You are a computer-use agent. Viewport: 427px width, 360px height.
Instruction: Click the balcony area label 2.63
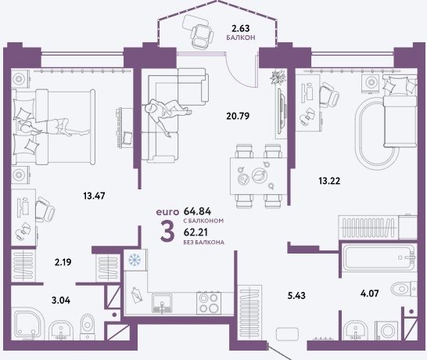tap(240, 28)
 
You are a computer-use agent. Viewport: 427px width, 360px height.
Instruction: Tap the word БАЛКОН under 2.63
tap(241, 38)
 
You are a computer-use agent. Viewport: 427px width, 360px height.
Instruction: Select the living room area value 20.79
tap(238, 116)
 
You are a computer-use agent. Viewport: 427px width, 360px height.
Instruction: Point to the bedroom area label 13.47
tap(94, 196)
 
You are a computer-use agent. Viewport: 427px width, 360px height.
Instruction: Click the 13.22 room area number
tap(329, 181)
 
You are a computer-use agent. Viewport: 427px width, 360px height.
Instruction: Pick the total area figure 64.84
tap(198, 211)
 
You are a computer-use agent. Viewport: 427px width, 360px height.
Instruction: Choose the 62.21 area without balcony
tap(196, 232)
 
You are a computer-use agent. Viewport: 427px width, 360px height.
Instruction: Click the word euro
tap(167, 212)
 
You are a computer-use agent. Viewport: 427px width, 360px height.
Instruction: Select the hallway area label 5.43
tap(296, 295)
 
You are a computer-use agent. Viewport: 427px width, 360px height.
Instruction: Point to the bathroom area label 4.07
tap(370, 293)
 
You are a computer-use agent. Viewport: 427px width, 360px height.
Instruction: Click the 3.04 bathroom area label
tap(61, 301)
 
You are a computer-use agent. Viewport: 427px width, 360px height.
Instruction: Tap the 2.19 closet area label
tap(63, 262)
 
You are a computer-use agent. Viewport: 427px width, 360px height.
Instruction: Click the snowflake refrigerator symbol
tap(135, 260)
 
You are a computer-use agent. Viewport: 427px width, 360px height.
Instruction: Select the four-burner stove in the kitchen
tap(209, 303)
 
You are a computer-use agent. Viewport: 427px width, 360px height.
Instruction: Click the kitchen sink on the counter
tap(162, 303)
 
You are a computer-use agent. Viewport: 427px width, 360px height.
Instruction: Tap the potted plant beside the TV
tap(278, 77)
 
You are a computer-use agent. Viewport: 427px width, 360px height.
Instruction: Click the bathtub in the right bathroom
tap(379, 258)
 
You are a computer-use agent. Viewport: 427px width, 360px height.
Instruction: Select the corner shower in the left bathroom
tap(28, 324)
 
